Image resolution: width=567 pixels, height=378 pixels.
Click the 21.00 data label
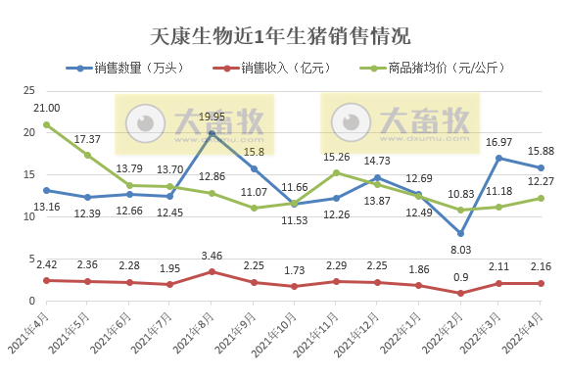tap(46, 108)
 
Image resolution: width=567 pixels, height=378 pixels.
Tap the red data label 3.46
tap(213, 257)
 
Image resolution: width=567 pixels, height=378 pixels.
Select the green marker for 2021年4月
tap(46, 124)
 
